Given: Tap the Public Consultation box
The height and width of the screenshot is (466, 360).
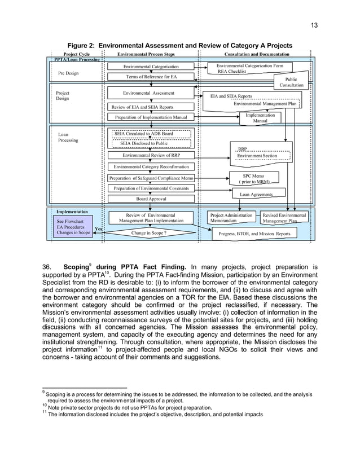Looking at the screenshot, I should point(294,82).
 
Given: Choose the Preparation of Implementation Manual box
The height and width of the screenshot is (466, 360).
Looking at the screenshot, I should point(151,117).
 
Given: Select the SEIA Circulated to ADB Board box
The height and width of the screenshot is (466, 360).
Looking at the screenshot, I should point(151,134).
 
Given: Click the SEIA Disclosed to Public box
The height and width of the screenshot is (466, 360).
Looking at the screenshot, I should point(151,143).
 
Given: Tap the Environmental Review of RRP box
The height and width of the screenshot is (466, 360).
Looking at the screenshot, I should point(151,155).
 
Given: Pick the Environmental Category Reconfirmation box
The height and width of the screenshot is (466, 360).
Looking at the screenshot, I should point(151,167).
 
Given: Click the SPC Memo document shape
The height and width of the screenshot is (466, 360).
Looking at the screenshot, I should point(251,178).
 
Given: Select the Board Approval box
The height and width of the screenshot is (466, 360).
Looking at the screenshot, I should point(151,199).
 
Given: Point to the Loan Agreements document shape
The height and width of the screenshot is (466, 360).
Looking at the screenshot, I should point(257,194).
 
